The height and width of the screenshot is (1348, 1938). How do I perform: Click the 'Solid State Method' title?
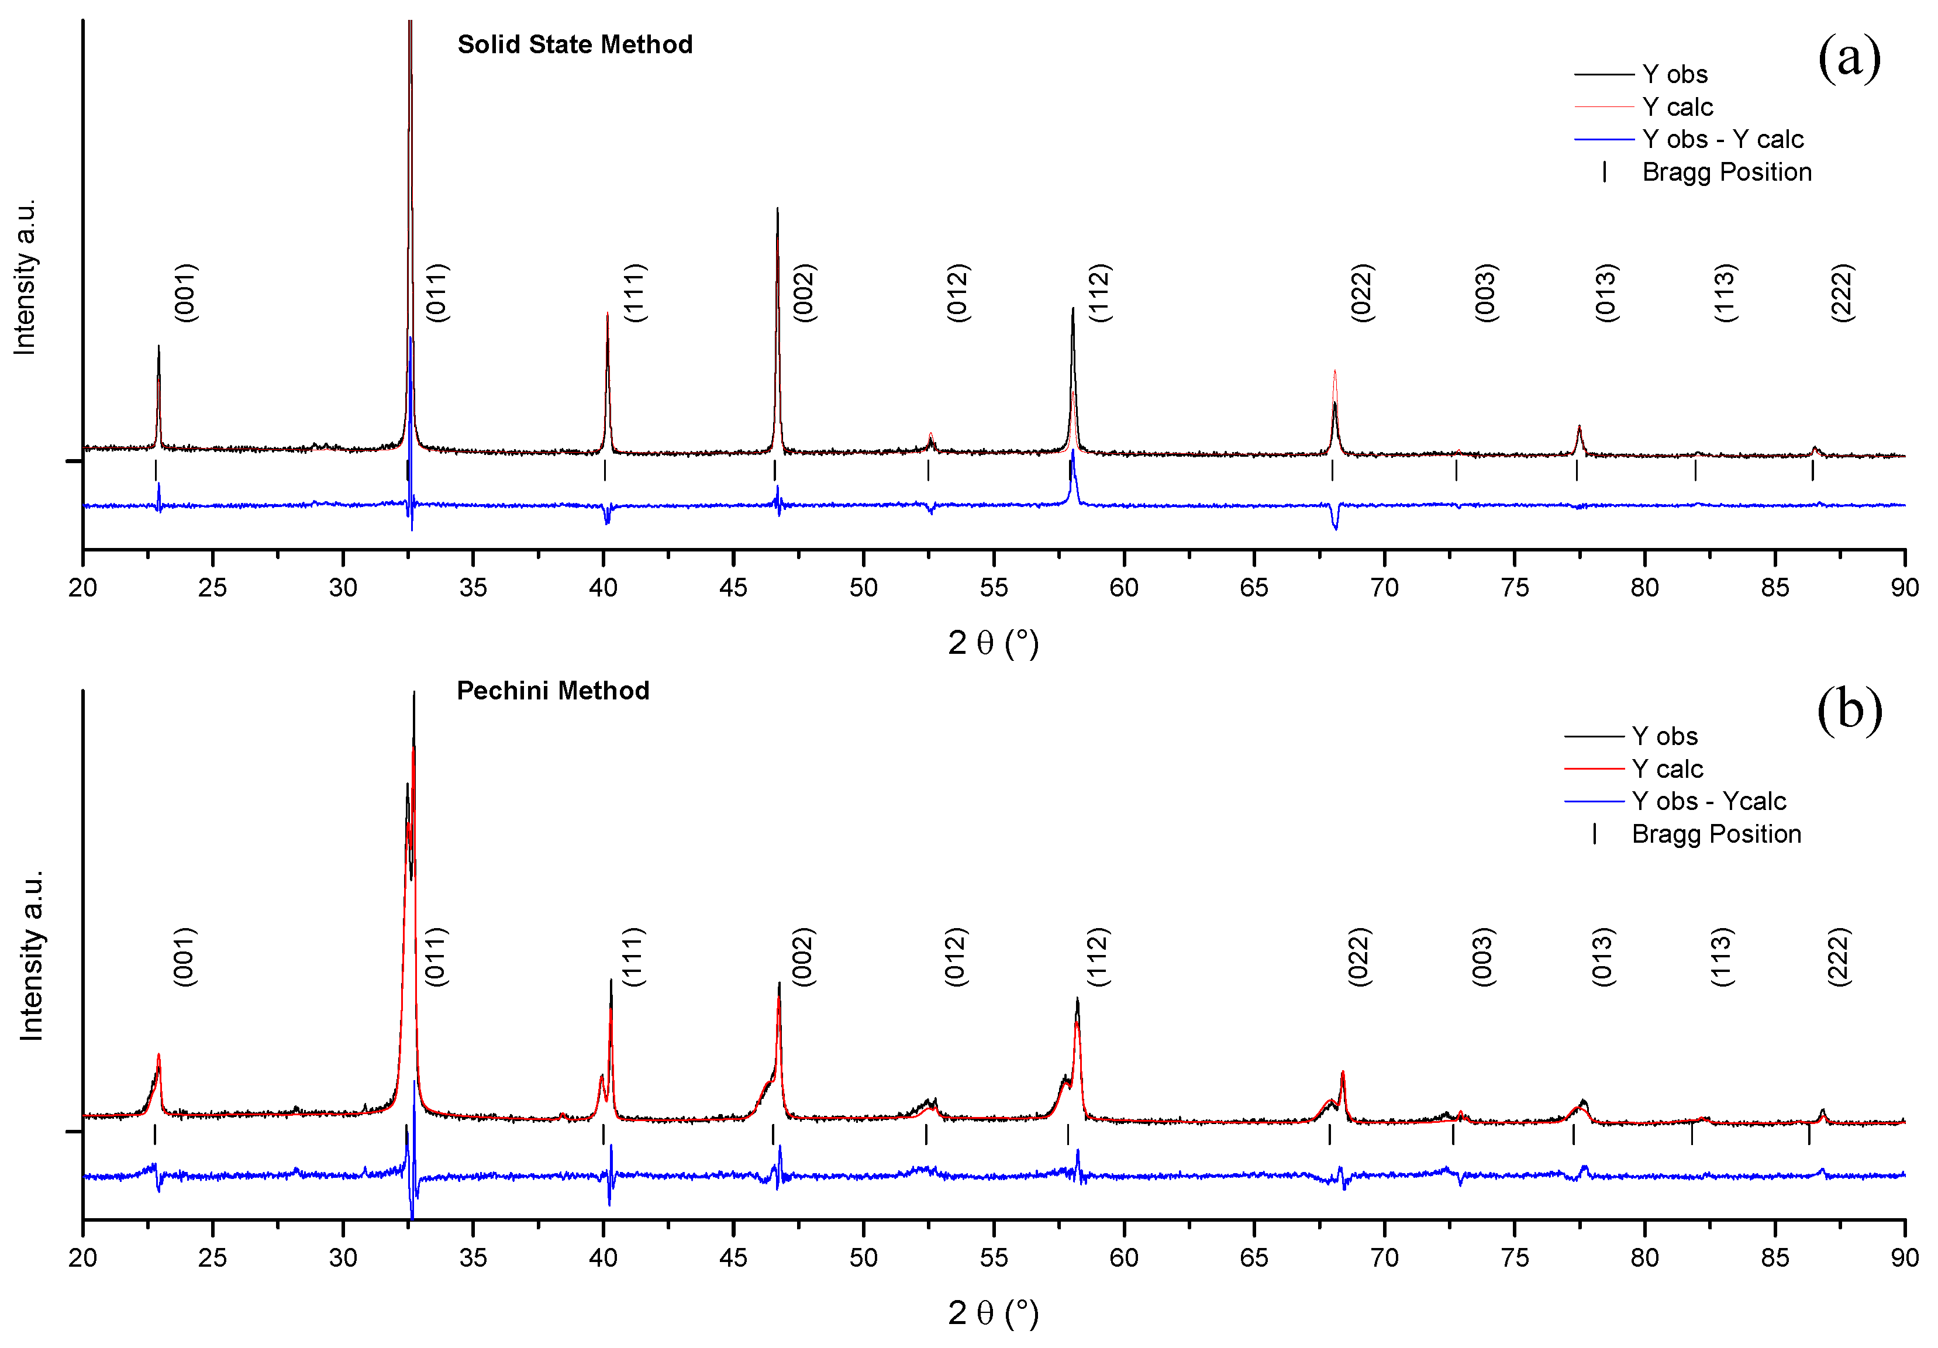click(575, 44)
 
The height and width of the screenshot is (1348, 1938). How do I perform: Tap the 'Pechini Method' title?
click(553, 691)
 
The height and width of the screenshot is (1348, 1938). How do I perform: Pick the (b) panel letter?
click(1849, 710)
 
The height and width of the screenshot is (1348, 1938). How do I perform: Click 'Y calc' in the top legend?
click(1677, 107)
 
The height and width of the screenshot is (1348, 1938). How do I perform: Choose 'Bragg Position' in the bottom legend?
click(1716, 834)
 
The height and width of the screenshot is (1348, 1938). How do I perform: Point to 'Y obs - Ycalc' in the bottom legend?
click(1708, 801)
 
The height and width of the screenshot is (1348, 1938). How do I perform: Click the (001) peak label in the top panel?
click(185, 293)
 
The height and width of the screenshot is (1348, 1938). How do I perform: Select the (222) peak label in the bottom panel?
click(1839, 956)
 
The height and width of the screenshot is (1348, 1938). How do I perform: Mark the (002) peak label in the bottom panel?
click(803, 956)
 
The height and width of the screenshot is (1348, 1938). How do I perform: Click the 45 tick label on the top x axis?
click(733, 588)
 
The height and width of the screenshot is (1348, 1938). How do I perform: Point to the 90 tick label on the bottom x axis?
click(1904, 1258)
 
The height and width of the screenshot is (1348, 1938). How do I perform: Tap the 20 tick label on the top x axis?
click(82, 588)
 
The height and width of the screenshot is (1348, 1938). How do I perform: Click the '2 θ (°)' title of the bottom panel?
click(992, 1312)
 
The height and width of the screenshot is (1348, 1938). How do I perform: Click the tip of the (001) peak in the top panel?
click(158, 346)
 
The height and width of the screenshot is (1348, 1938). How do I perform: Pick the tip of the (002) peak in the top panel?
click(777, 209)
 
